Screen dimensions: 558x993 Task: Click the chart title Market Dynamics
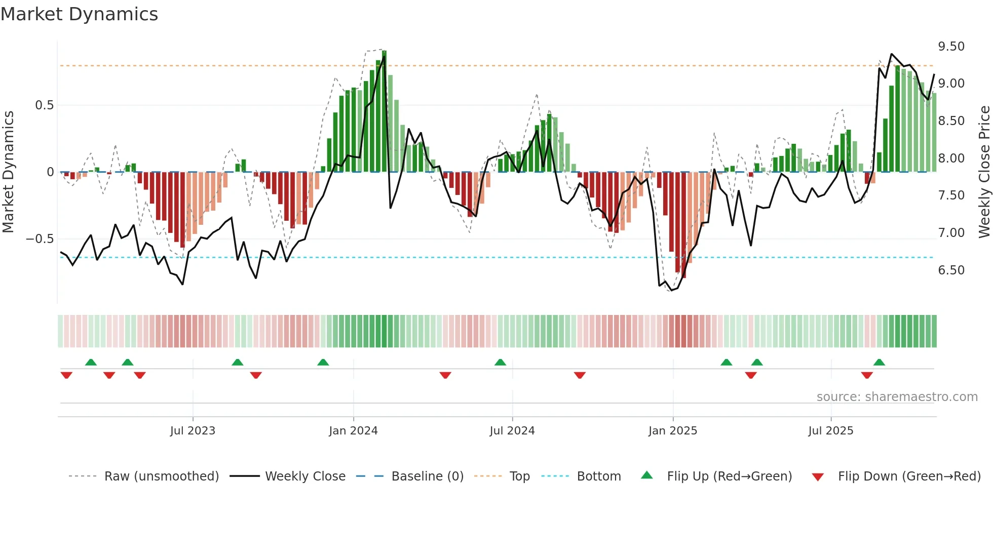coord(79,14)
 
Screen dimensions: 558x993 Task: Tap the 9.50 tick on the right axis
coord(951,47)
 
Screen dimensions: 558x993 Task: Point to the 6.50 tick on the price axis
coord(951,270)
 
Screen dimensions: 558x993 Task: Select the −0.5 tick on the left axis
coord(40,239)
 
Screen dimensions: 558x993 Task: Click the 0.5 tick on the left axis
coord(44,105)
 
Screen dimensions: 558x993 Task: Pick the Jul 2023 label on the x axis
coord(193,431)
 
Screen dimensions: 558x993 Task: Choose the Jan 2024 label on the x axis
coord(353,431)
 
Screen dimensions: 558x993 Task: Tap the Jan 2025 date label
coord(672,431)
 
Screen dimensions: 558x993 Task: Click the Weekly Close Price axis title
coord(984,172)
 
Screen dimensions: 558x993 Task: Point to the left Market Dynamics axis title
coord(8,172)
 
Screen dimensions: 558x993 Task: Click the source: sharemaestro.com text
coord(897,397)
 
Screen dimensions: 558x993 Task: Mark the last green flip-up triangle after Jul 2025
coord(879,363)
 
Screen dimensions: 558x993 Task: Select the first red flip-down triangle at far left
coord(66,375)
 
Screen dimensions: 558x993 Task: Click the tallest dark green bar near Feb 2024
coord(384,111)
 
